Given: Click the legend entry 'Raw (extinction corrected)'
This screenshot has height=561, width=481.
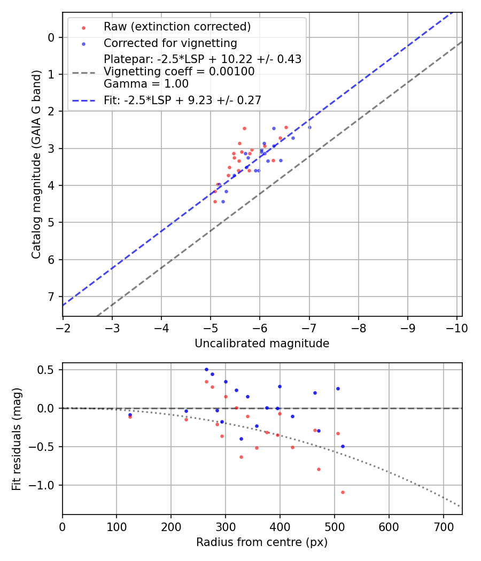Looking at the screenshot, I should pyautogui.click(x=177, y=27).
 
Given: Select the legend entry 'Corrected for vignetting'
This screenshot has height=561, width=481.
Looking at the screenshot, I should pyautogui.click(x=170, y=43).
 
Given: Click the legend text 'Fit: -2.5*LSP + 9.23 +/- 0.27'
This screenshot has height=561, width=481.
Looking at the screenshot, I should pyautogui.click(x=182, y=100).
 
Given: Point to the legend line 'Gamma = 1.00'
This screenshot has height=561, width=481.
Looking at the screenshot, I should pyautogui.click(x=146, y=84).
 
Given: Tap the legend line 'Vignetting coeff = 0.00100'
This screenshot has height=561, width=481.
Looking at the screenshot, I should pyautogui.click(x=179, y=72).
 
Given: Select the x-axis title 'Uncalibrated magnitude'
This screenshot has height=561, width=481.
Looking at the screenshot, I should pyautogui.click(x=262, y=344).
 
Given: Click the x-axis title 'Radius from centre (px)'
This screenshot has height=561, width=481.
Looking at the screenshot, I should pyautogui.click(x=262, y=542).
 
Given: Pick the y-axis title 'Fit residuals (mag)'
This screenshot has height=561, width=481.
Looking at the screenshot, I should pyautogui.click(x=17, y=439).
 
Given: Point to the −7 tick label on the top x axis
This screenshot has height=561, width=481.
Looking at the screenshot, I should pyautogui.click(x=309, y=328).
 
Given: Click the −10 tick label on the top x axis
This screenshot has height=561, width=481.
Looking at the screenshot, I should pyautogui.click(x=457, y=328).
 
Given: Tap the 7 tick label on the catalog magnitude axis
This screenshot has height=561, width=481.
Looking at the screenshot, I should pyautogui.click(x=51, y=297).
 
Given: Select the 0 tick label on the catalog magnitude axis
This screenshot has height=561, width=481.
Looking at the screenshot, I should pyautogui.click(x=51, y=37).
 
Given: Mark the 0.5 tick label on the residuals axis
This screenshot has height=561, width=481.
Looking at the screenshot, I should pyautogui.click(x=48, y=370).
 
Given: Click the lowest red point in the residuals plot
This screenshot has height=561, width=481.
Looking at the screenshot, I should pyautogui.click(x=343, y=492).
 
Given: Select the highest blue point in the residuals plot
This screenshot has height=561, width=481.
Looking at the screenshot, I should pyautogui.click(x=206, y=369).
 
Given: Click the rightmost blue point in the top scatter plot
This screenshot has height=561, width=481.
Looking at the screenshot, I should pyautogui.click(x=309, y=127).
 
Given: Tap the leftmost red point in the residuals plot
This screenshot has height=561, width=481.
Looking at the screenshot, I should pyautogui.click(x=130, y=417).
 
